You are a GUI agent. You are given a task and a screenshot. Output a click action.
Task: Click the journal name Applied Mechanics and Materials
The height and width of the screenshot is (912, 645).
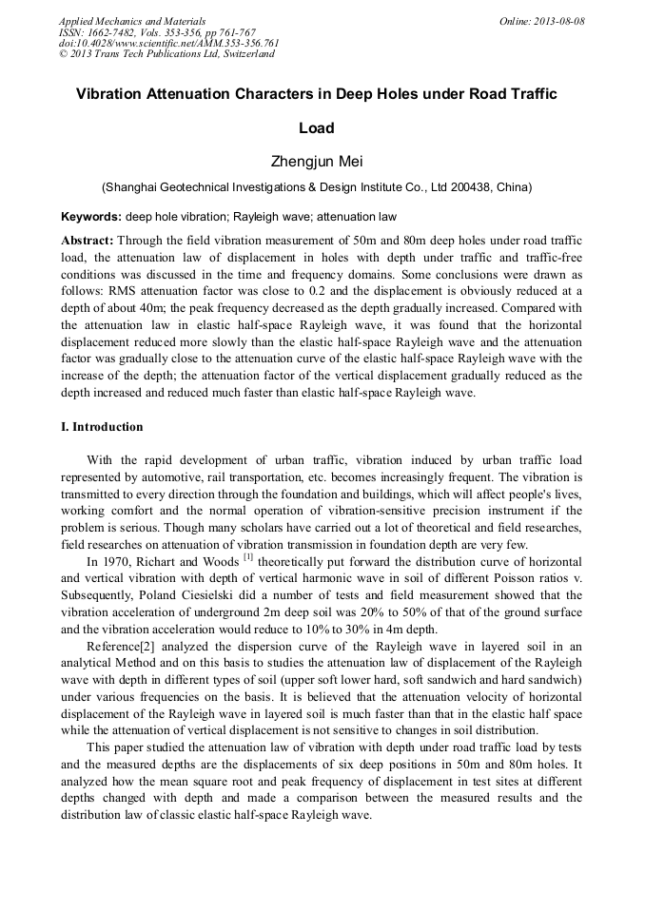(131, 21)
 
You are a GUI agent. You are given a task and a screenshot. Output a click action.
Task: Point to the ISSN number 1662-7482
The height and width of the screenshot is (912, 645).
(117, 31)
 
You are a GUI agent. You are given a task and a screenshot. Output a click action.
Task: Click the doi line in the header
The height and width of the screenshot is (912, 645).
(168, 43)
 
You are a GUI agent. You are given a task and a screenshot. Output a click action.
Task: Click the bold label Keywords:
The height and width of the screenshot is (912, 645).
(91, 216)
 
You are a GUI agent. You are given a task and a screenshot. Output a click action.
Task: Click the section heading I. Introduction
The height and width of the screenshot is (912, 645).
(102, 427)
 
